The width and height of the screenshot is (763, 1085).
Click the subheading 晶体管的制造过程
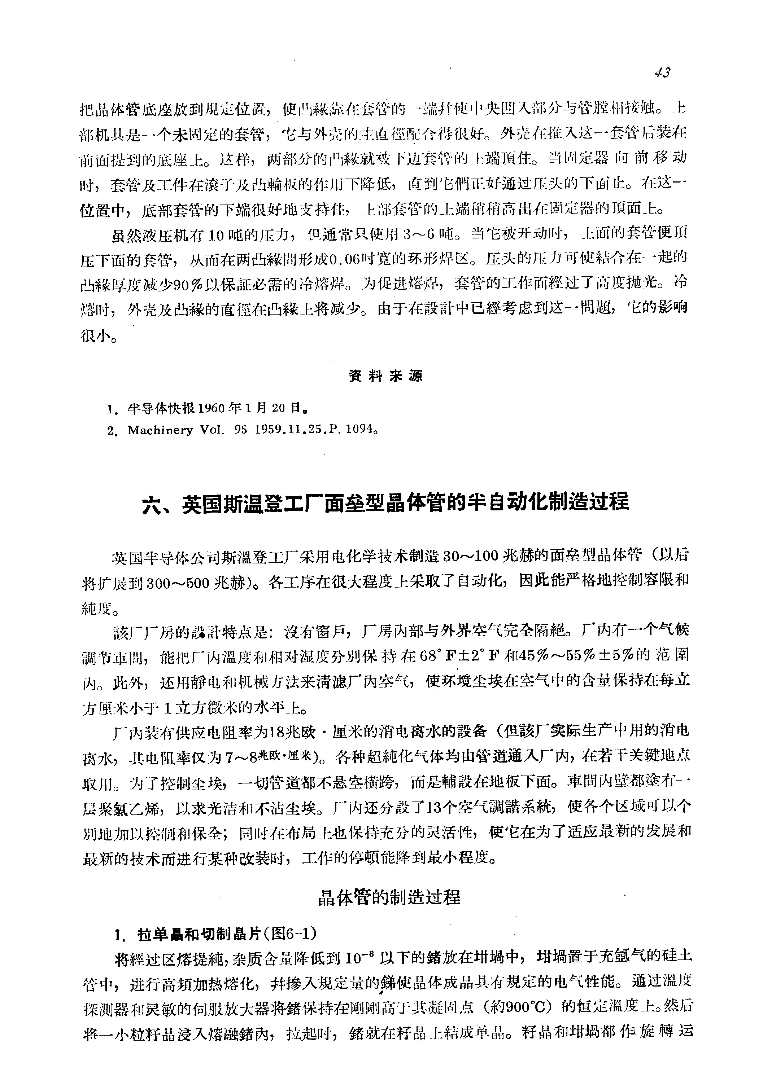click(389, 897)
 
